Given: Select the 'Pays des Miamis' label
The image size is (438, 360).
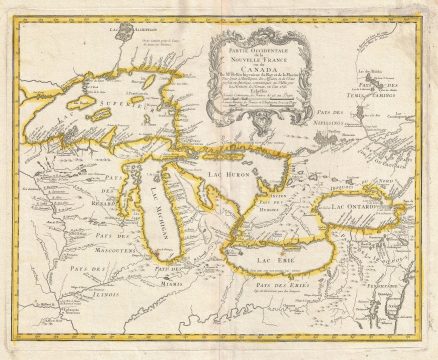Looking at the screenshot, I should [173, 272].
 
